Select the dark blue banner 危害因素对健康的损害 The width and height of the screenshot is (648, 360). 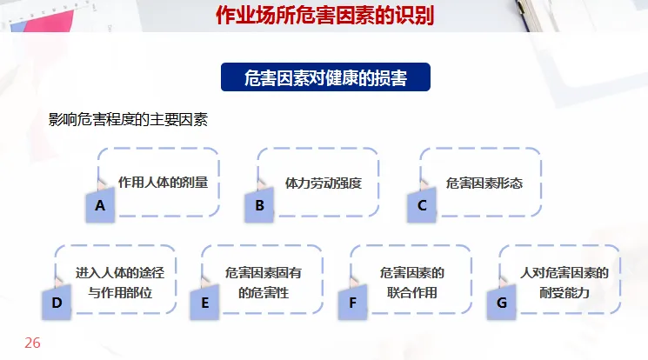coord(326,77)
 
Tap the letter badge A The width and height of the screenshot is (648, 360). coord(101,206)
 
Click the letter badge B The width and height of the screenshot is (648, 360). coord(259,206)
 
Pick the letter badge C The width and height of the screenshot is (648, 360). coord(422,206)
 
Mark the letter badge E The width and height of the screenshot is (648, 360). coord(205,303)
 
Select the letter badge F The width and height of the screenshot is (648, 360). coord(353,303)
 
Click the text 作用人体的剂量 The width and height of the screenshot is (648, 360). coord(163,183)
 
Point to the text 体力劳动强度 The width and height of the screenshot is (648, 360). coord(323,183)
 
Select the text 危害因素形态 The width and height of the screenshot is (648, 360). coord(484,183)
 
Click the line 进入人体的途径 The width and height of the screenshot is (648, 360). coord(120,272)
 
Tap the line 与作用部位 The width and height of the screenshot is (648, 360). coord(120,293)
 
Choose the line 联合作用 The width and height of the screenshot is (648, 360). coord(412,293)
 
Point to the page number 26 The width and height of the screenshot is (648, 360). coord(32,343)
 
